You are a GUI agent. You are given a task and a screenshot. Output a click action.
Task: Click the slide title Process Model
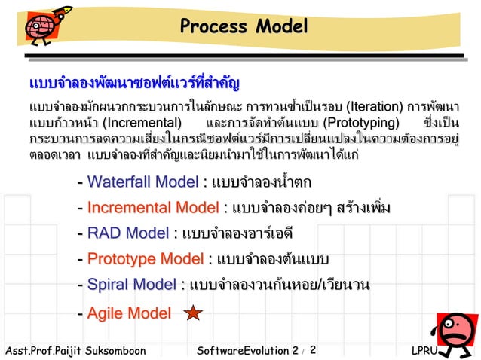[244, 27]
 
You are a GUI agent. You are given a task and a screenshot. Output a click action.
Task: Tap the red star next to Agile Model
[193, 313]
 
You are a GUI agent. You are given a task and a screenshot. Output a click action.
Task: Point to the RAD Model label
[127, 233]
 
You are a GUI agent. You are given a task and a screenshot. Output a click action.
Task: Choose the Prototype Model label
[145, 259]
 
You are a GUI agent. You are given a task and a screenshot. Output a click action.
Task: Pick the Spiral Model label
[131, 285]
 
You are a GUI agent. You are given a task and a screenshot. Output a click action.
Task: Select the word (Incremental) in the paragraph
[142, 123]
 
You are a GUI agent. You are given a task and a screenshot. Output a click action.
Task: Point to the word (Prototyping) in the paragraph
[360, 123]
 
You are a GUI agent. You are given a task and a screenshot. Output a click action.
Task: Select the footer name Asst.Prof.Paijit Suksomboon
[75, 351]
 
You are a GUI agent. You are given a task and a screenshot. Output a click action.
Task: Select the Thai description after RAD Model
[237, 233]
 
